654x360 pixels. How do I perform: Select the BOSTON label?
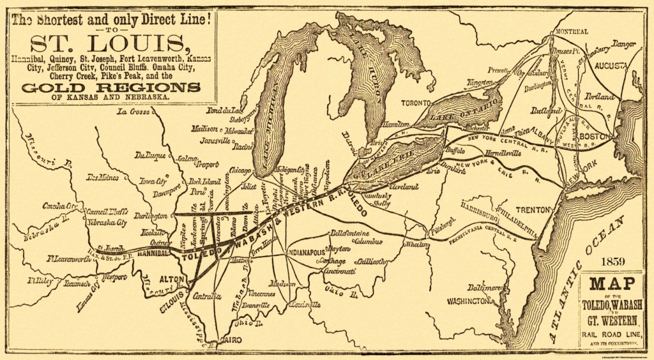597,137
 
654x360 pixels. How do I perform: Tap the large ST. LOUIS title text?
110,45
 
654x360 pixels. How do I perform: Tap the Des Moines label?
103,177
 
